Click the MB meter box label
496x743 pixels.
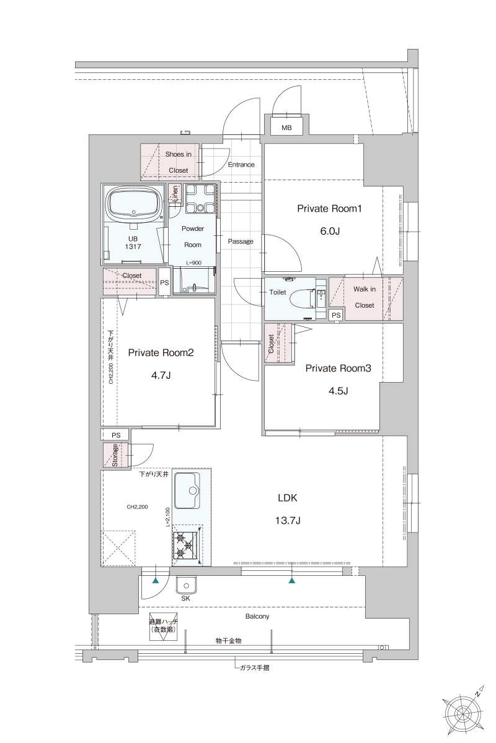click(286, 128)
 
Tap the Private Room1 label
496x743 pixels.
click(329, 209)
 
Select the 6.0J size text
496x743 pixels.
click(329, 232)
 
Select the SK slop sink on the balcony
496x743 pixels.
click(186, 585)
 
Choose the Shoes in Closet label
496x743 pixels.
click(178, 162)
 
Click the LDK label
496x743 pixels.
click(288, 497)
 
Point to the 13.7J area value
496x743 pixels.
click(288, 521)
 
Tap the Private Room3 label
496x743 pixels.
click(338, 368)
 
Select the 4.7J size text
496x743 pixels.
click(161, 375)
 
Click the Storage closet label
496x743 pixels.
click(115, 455)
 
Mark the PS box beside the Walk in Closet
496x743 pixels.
click(336, 315)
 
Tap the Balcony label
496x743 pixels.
click(257, 617)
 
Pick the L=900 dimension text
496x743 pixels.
click(193, 263)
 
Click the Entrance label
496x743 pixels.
click(241, 165)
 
